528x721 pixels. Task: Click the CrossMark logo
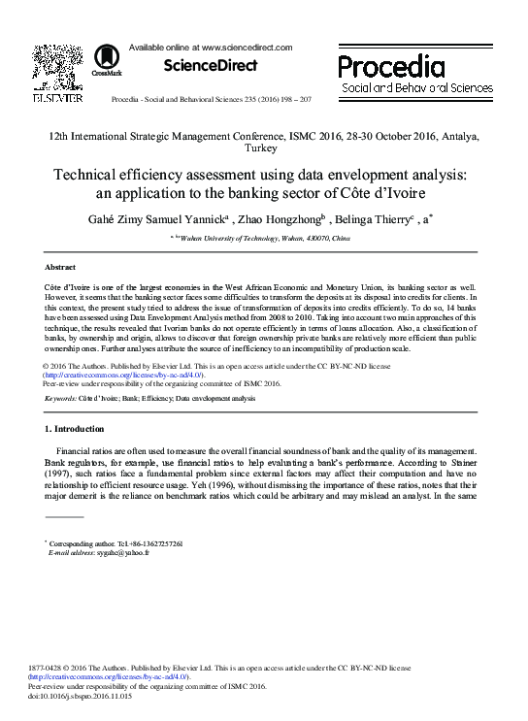tap(107, 61)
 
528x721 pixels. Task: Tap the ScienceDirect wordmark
tap(210, 65)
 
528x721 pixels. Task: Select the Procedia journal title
tap(391, 66)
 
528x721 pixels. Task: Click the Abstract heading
tap(60, 266)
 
